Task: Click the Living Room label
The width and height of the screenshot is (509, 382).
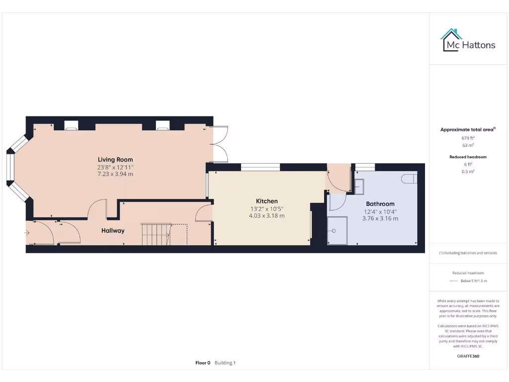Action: click(x=115, y=160)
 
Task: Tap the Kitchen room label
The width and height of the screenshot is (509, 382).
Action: click(x=267, y=201)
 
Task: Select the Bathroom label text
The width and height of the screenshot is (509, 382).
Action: click(x=380, y=204)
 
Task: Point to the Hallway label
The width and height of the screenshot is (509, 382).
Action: click(x=113, y=231)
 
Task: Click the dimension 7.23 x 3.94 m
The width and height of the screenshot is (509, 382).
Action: click(x=115, y=174)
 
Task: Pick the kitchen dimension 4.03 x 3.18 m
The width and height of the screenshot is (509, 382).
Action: click(x=267, y=216)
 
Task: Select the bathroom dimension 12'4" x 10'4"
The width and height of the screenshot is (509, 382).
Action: click(x=380, y=211)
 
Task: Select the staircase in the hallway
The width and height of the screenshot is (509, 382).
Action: click(x=156, y=234)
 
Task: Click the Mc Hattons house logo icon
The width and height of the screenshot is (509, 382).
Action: click(x=451, y=40)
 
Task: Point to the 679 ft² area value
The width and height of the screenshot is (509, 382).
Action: click(x=468, y=138)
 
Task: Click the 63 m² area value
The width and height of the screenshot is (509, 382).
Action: click(x=468, y=145)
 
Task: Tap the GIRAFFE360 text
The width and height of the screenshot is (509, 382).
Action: click(x=468, y=356)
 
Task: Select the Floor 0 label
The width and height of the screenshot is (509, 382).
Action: click(x=203, y=363)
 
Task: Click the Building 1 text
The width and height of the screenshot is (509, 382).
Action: click(x=225, y=363)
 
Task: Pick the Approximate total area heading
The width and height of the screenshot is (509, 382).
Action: click(x=467, y=130)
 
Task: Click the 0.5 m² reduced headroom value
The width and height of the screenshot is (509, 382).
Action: click(x=468, y=172)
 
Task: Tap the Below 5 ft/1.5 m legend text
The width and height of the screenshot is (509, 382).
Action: click(x=474, y=282)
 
